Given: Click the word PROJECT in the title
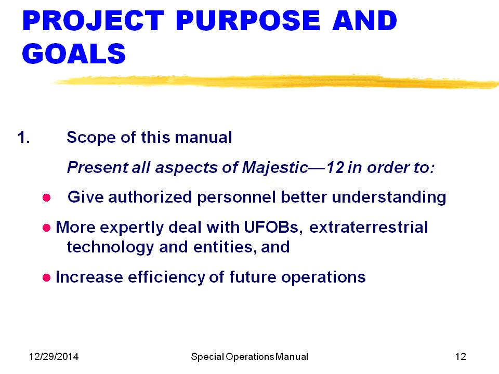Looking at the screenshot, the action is pos(93,21).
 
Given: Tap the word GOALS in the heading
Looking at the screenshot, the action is pos(74,54).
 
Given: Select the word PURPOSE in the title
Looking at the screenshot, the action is pos(248,21).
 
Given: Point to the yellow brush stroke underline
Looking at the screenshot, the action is pos(275,82).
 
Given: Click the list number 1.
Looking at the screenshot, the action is pos(24,137).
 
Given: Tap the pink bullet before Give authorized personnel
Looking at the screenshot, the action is pos(46,198).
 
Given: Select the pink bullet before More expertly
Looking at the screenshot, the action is pos(46,228).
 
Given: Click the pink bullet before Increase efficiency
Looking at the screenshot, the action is pos(46,277).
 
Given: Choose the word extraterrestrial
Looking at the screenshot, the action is pos(369,227).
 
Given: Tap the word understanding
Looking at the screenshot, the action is pos(389,197).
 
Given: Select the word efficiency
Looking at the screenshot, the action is pos(166,277).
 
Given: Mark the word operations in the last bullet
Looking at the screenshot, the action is pos(323,277).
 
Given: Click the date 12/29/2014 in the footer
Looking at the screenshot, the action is pos(54,356).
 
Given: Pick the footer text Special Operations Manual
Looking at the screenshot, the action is pos(249,357).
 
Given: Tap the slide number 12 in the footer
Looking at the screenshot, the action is pos(461,356).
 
